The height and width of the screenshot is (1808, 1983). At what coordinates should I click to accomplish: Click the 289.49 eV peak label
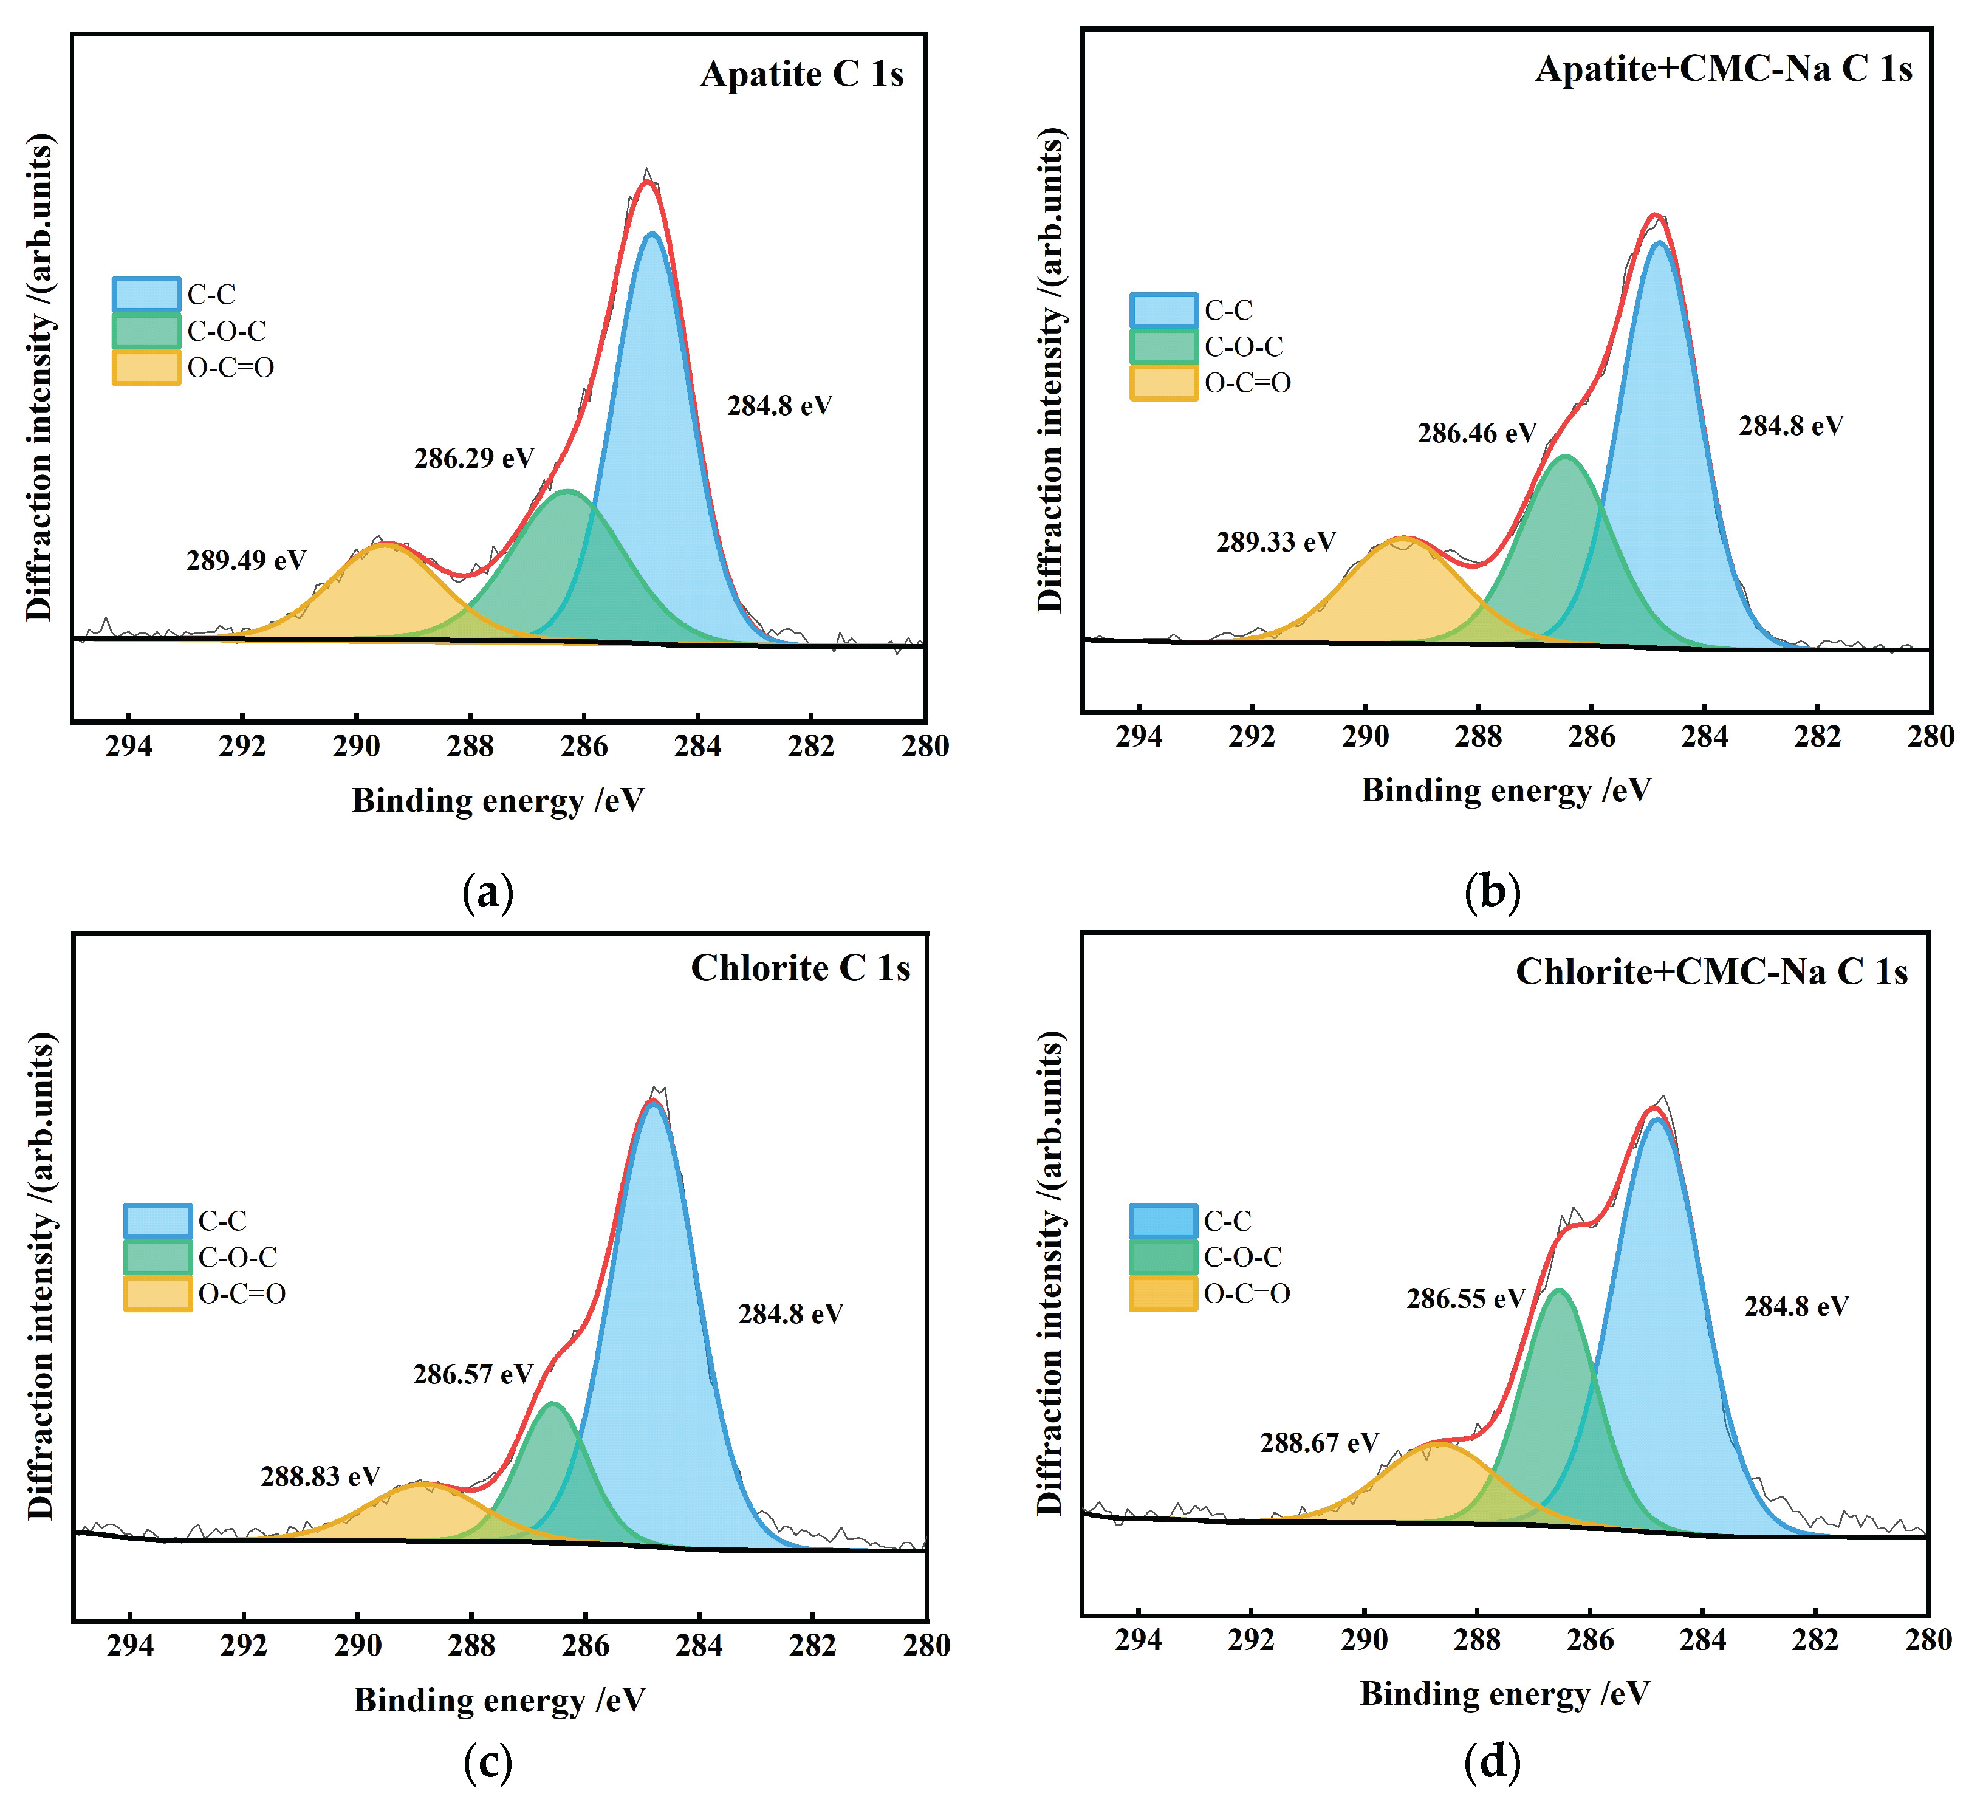point(246,561)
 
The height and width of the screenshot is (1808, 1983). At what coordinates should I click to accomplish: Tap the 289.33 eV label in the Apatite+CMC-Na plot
point(1276,542)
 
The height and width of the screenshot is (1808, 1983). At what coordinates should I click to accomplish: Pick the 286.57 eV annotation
point(473,1374)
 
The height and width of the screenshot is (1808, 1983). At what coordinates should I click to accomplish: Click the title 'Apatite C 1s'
point(802,75)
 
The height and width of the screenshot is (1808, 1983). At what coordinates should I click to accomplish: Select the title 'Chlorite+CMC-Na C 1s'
point(1711,972)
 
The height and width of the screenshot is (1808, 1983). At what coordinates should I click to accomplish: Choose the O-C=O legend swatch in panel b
point(1163,383)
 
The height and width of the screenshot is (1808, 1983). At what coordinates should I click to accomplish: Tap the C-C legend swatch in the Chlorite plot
point(157,1221)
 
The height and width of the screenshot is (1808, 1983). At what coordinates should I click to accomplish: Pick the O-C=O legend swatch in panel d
point(1163,1293)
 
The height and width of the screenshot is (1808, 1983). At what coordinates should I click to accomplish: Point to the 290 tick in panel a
point(356,747)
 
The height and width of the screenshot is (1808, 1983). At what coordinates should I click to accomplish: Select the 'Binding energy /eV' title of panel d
point(1505,1694)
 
